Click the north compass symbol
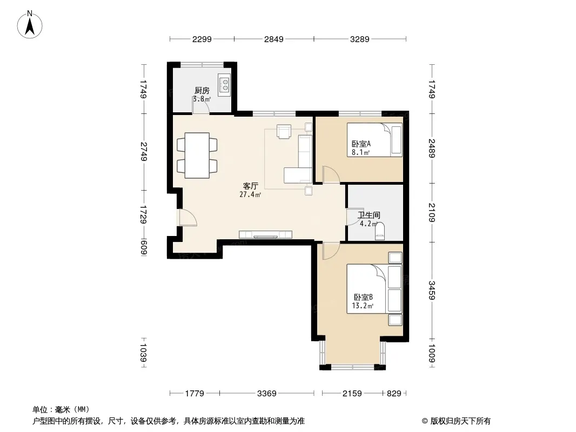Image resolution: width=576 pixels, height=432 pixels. click(x=30, y=25)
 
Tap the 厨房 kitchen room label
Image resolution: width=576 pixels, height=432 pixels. click(x=202, y=90)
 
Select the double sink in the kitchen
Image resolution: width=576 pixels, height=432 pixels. click(x=224, y=85)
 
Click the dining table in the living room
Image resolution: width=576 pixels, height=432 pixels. click(x=197, y=156)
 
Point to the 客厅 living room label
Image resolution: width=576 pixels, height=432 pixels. click(x=251, y=186)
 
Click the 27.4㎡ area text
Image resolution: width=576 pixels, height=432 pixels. click(x=250, y=194)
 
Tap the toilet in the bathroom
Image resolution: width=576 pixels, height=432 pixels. click(x=380, y=232)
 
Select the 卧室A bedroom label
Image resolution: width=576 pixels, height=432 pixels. click(x=361, y=144)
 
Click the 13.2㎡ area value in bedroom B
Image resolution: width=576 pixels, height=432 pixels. click(x=363, y=306)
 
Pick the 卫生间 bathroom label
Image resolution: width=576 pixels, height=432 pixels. click(x=369, y=215)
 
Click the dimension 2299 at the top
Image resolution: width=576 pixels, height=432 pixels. click(x=202, y=39)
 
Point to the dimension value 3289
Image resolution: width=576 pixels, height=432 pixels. click(x=360, y=39)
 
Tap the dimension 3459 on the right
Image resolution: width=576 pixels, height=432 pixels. click(x=432, y=291)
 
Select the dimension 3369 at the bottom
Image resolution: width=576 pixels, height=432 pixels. click(x=267, y=394)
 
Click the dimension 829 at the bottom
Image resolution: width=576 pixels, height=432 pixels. click(x=394, y=394)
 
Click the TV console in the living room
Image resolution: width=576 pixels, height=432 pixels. click(x=266, y=234)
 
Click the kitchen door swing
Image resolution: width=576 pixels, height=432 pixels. click(x=202, y=106)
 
